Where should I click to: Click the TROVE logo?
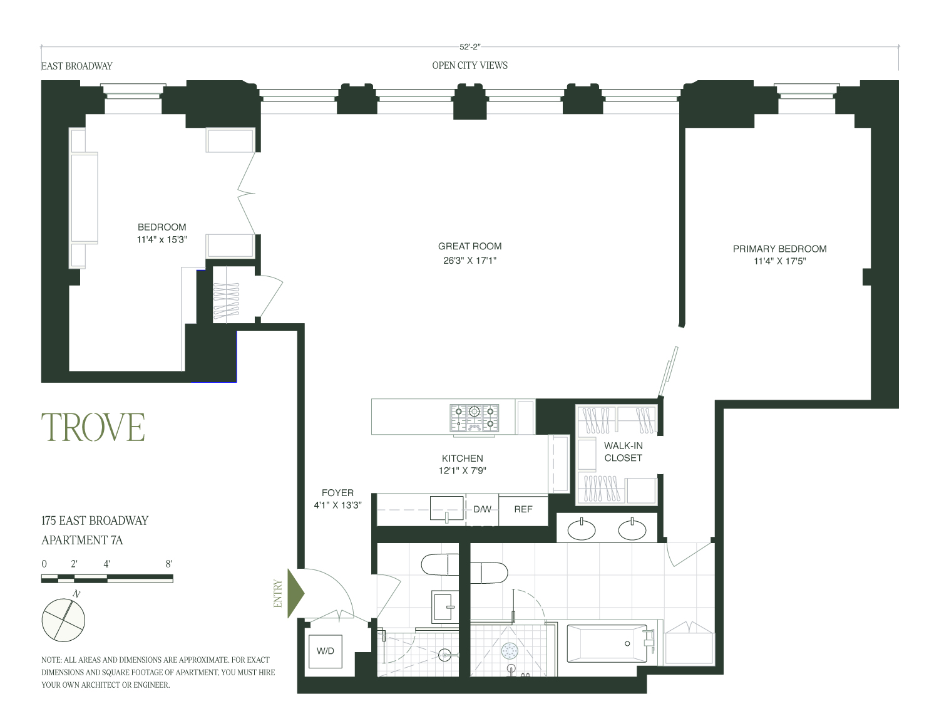tap(93, 427)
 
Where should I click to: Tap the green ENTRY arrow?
tap(296, 593)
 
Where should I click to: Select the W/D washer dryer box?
tap(325, 651)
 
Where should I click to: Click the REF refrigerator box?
tap(523, 509)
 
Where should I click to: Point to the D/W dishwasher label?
tap(482, 509)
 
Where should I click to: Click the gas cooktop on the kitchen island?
tap(474, 418)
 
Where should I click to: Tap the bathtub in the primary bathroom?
tap(607, 643)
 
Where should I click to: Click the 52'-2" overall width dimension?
tap(469, 47)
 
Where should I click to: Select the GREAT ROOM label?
tap(469, 246)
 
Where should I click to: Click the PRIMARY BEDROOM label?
tap(779, 249)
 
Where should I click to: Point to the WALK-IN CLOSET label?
tap(623, 452)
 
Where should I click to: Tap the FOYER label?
tap(337, 492)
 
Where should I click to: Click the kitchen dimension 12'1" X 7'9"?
tap(463, 470)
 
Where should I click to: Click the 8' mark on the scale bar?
tap(169, 564)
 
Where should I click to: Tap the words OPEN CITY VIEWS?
tap(469, 65)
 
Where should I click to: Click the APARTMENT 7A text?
tap(82, 540)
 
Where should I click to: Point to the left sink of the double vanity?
tap(581, 530)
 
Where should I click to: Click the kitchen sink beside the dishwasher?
tap(447, 509)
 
